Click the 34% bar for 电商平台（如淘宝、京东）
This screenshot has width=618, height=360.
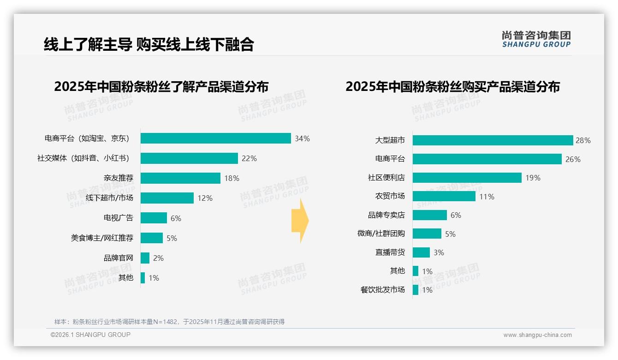coord(215,138)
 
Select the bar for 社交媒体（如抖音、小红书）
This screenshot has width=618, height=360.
coord(189,158)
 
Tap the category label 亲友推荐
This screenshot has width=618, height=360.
coord(118,178)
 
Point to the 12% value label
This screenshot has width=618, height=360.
coord(205,198)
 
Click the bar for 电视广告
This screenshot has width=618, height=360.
coord(154,218)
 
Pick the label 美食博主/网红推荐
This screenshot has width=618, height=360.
coord(102,238)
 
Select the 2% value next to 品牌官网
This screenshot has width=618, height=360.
coord(158,258)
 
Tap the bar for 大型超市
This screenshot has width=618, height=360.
coord(493,140)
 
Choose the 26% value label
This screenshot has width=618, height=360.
coord(573,159)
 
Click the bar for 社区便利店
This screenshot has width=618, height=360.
coord(467,178)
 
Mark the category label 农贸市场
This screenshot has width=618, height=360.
coord(390,196)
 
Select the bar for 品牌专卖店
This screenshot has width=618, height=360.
coord(429,215)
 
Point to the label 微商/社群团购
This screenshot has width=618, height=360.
coord(381,234)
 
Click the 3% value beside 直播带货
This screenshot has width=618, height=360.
coord(439,252)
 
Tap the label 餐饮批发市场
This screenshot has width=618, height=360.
coord(382,290)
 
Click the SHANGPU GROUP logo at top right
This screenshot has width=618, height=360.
coord(536,39)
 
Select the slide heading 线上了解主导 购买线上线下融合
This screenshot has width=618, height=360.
coord(149,44)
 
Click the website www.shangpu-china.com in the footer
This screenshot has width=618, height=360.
coord(537,335)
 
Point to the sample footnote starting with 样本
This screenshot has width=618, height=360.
coord(169,322)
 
